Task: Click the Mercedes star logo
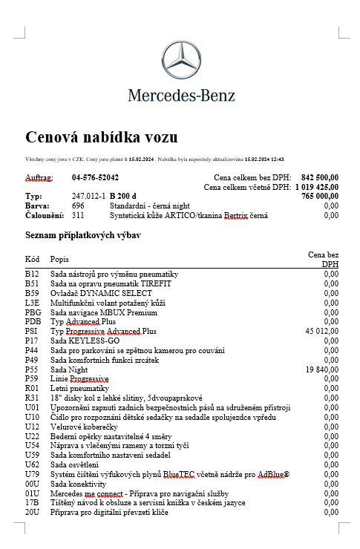(x=181, y=62)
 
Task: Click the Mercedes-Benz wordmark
(x=181, y=95)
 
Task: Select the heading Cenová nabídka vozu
(x=102, y=137)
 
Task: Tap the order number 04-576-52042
(x=95, y=178)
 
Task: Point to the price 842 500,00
(x=320, y=178)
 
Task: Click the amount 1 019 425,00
(x=317, y=188)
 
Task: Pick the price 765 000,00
(x=320, y=197)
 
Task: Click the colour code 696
(x=78, y=206)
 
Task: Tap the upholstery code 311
(x=78, y=215)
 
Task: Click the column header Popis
(x=59, y=259)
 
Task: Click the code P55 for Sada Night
(x=32, y=369)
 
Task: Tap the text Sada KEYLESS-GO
(x=85, y=341)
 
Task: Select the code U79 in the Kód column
(x=32, y=474)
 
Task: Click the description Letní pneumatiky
(x=79, y=388)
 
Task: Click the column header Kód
(x=33, y=259)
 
